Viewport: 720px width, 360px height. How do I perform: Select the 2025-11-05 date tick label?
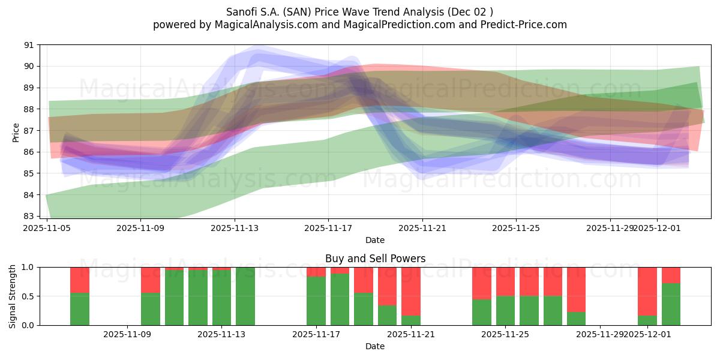pos(47,228)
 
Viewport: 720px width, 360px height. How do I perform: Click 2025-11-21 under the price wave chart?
pos(422,228)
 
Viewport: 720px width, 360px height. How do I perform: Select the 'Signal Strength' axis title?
pos(13,296)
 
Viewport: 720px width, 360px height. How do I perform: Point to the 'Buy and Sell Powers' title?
pos(375,259)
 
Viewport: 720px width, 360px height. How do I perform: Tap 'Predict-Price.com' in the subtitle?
pos(526,25)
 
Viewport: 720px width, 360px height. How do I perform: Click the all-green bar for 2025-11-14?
pos(245,296)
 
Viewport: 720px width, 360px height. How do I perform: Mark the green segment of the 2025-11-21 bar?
pos(411,320)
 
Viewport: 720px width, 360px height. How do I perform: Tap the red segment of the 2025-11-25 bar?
pos(505,281)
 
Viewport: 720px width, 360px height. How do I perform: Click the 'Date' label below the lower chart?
pos(375,346)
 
